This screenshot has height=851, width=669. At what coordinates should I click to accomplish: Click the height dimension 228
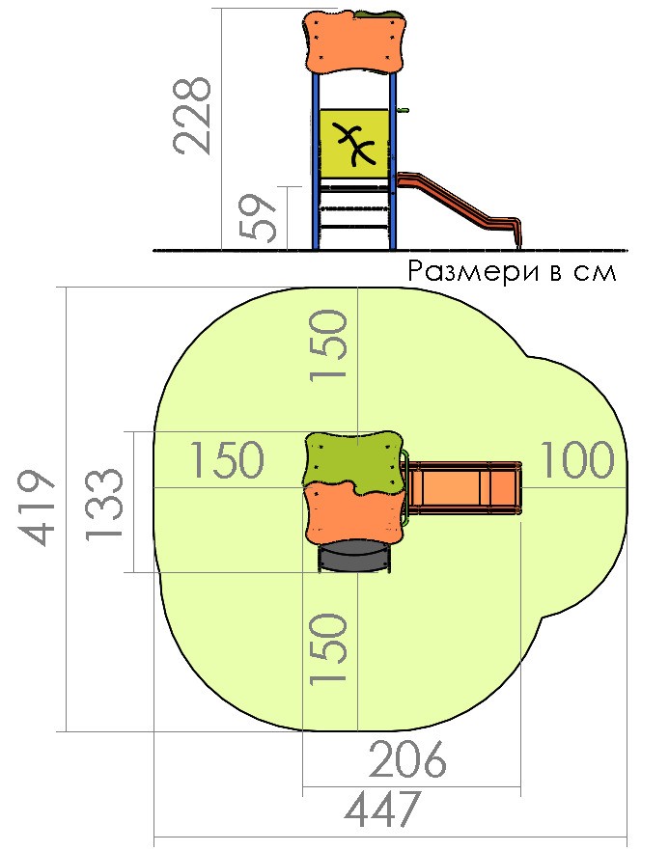(x=192, y=116)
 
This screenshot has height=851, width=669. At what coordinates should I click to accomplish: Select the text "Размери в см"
(x=512, y=271)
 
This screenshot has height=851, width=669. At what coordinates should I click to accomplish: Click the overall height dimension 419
(x=38, y=508)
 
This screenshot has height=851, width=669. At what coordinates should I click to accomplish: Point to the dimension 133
(x=104, y=504)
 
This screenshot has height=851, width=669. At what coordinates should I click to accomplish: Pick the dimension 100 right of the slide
(x=577, y=460)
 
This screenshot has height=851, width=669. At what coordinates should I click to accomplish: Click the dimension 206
(x=406, y=759)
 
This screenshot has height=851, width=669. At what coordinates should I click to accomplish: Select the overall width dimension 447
(x=383, y=809)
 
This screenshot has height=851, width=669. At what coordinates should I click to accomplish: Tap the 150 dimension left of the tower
(x=228, y=460)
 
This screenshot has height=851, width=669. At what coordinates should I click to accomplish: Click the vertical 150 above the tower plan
(x=328, y=345)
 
